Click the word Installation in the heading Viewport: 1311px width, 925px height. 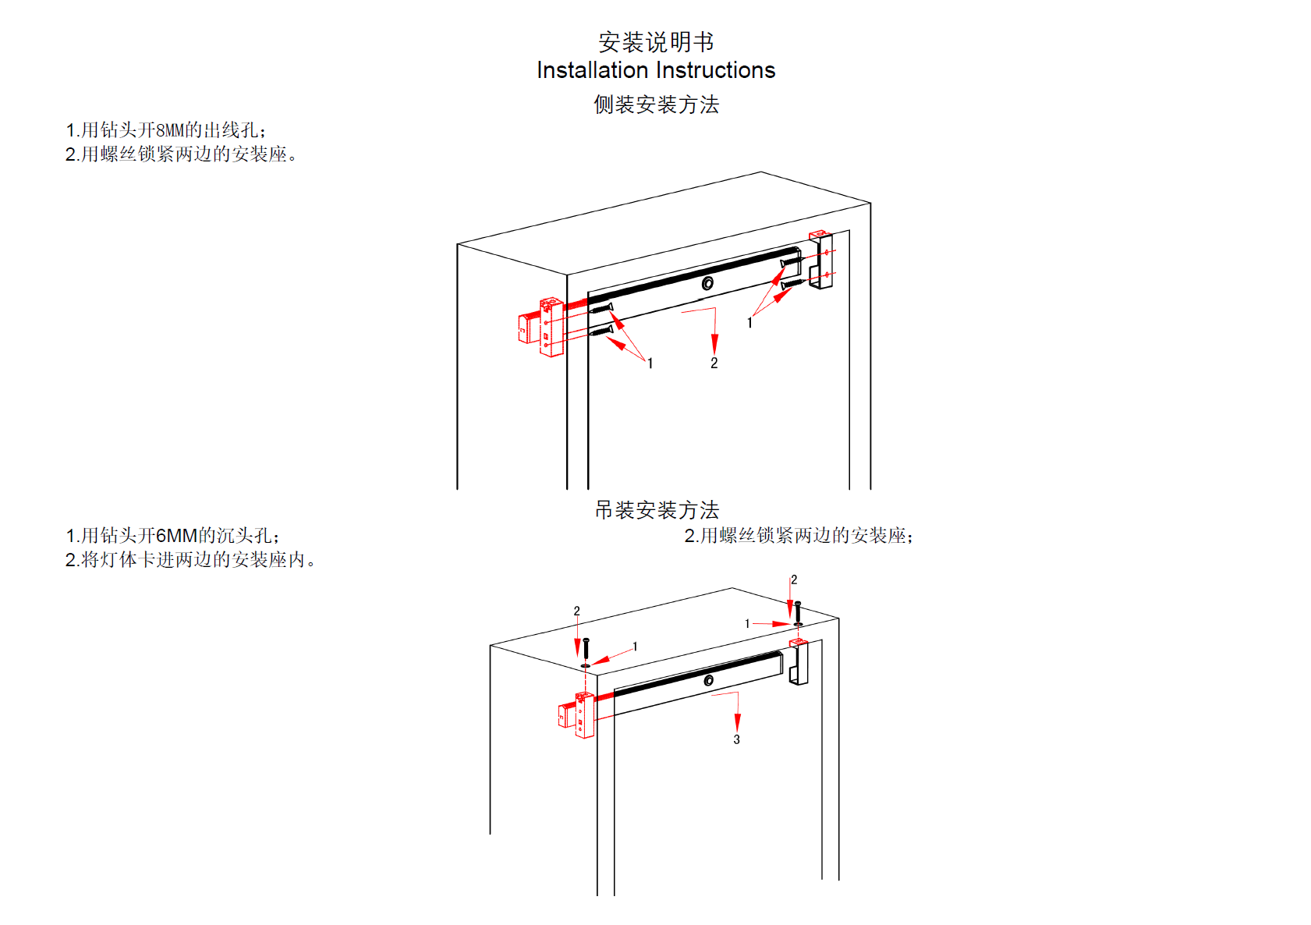pos(592,70)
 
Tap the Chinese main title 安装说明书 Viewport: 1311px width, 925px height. pos(656,41)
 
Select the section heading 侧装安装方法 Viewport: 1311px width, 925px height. pos(656,105)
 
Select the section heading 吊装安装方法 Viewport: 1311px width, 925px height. pos(657,510)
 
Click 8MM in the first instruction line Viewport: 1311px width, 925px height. pos(170,130)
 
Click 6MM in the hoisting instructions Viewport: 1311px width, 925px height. pos(176,536)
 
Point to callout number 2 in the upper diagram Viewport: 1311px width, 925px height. pos(714,363)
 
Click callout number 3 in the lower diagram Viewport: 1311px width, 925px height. pos(736,739)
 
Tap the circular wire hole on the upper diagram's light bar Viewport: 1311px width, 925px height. pos(707,283)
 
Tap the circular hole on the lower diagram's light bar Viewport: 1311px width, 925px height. pos(708,681)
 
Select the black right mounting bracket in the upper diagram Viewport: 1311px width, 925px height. pos(820,260)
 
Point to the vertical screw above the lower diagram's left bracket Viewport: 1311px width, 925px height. pos(586,648)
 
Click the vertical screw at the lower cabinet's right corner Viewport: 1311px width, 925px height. pos(797,611)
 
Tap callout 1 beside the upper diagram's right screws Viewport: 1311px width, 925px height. pos(749,323)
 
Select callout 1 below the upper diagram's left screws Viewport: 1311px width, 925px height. pos(650,363)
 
